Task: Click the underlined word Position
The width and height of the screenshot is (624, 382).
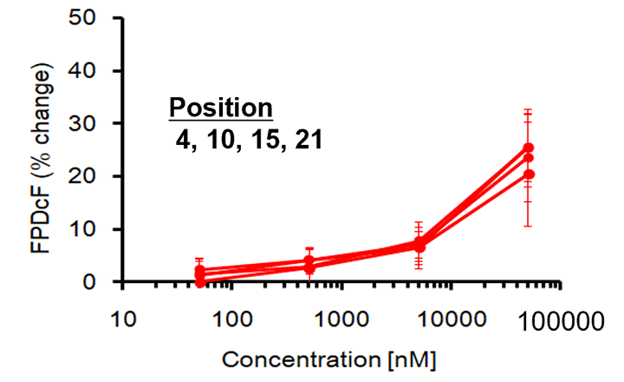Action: (x=221, y=109)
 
